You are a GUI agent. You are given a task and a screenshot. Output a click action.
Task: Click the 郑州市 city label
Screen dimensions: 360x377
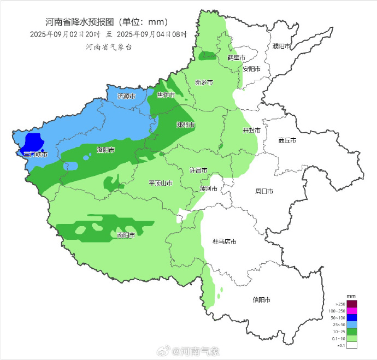[x=186, y=125]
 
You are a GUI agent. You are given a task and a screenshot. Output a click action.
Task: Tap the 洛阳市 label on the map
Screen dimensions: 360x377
[x=105, y=150]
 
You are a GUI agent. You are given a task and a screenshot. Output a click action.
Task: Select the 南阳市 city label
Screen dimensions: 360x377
[x=126, y=235]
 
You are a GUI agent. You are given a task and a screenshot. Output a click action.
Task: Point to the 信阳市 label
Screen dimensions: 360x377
[x=262, y=299]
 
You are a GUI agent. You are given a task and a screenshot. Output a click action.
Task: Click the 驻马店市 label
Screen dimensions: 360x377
[x=224, y=241]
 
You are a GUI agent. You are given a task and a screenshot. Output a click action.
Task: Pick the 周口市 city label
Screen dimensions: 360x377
[x=264, y=191]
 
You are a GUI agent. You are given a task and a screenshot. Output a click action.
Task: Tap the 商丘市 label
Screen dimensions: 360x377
[x=287, y=140]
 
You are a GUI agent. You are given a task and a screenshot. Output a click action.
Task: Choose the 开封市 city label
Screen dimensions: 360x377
[x=251, y=131]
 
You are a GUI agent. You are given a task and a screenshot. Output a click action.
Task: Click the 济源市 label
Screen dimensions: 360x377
[x=126, y=96]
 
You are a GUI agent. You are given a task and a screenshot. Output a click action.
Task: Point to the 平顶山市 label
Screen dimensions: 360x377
[x=161, y=182]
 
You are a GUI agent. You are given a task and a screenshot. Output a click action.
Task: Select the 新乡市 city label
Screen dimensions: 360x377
[x=204, y=82]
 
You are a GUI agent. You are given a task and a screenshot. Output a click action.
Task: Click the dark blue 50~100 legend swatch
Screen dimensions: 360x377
[x=352, y=318]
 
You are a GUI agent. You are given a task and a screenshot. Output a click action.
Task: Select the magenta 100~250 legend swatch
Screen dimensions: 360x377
[x=352, y=311]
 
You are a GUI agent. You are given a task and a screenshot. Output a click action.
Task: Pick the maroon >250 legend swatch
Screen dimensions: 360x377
[x=352, y=304]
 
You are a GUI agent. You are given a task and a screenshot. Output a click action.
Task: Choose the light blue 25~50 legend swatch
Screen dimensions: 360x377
[x=352, y=325]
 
